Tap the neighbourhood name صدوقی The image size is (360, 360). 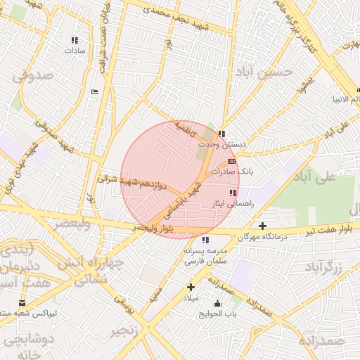33,74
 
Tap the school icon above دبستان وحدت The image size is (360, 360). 221,134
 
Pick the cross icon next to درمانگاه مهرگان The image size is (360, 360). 262,226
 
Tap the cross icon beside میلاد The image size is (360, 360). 191,287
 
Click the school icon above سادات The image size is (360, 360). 75,40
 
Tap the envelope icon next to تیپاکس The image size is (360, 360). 23,303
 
